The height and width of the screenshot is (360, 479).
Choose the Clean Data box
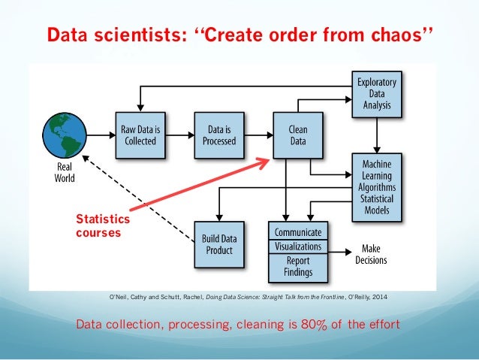pos(297,135)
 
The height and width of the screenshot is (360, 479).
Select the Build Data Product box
pos(218,244)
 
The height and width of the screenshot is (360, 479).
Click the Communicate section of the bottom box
pos(298,232)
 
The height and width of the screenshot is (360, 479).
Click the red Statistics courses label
pos(104,226)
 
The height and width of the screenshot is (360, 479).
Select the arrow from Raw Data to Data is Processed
pos(178,135)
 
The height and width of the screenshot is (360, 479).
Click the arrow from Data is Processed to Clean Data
pos(258,135)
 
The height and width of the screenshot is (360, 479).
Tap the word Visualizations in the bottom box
pos(298,247)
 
